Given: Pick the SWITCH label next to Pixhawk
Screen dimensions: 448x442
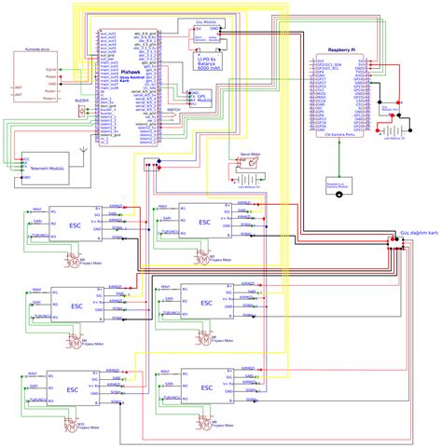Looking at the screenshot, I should (x=173, y=109).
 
